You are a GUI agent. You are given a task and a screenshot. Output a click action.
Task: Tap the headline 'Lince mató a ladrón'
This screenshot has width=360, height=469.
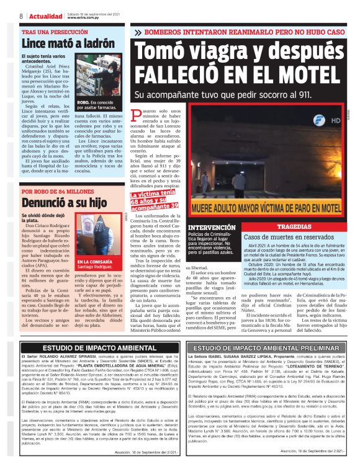[58, 43]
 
